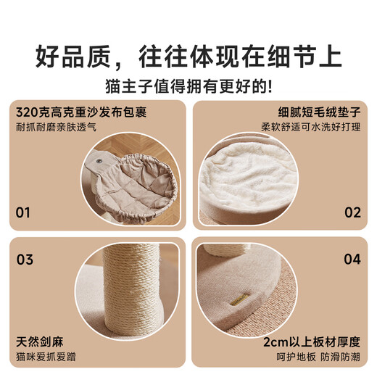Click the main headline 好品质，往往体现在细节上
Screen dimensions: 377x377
(188, 57)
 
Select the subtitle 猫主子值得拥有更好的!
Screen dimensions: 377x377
(188, 86)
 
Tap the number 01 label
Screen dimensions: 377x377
(22, 212)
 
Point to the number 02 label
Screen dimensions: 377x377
(352, 212)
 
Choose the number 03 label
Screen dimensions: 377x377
(25, 260)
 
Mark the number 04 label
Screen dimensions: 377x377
(352, 260)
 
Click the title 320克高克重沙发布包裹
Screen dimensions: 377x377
(81, 112)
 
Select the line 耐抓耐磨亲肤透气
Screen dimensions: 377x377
(56, 127)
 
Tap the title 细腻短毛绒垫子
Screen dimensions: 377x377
(319, 112)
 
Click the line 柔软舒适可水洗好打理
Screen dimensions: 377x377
(311, 127)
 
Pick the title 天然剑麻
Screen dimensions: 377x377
(40, 342)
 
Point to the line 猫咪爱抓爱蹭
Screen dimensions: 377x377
(46, 357)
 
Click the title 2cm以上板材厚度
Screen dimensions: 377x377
(312, 342)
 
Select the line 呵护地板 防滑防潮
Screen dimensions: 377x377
(318, 357)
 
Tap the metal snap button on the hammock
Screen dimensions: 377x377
(99, 161)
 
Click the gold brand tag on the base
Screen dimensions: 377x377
(239, 300)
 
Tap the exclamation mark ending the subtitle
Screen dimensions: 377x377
(270, 86)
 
